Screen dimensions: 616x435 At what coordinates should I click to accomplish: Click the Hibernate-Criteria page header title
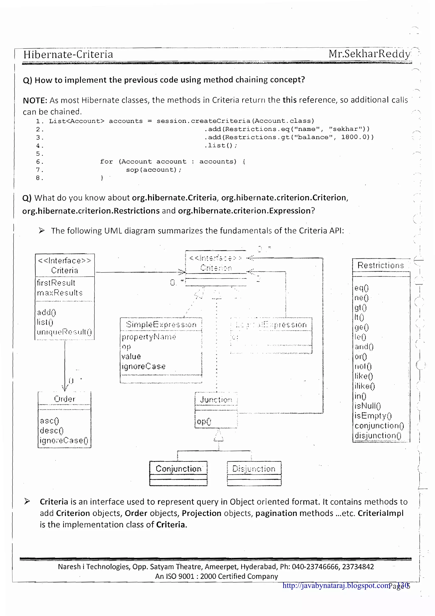tap(68, 54)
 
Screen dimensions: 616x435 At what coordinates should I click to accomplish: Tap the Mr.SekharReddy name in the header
tap(369, 54)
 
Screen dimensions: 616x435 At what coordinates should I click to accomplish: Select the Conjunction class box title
tap(178, 468)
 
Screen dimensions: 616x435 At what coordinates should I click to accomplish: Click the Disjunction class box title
tap(254, 468)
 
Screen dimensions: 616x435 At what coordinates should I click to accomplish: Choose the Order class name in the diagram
tap(65, 399)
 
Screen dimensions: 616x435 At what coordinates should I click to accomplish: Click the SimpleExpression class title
tap(161, 324)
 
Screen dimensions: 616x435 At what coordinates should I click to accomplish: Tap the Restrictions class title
tap(381, 265)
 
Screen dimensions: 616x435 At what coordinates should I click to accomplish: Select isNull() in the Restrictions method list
tap(367, 406)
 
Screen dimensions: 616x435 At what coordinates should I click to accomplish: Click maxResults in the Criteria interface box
tap(60, 293)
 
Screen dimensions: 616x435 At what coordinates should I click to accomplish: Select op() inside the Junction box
tap(204, 422)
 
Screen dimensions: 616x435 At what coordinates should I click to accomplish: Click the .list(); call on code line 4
tap(221, 145)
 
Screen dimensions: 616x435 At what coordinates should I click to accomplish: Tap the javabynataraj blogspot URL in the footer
tap(336, 585)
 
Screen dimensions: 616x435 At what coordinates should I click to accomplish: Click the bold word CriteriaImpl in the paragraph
tap(380, 513)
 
